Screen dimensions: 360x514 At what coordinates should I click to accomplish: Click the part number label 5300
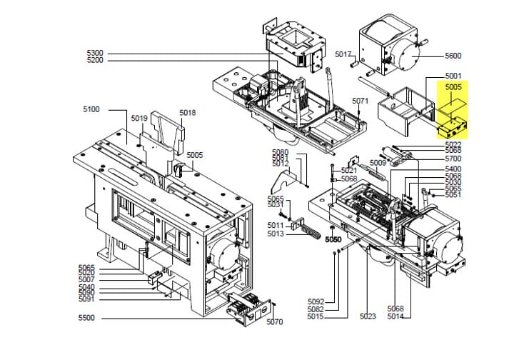[94, 54]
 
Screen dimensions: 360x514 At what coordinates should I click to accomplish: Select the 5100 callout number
[91, 109]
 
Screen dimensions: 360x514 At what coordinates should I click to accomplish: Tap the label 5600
[453, 56]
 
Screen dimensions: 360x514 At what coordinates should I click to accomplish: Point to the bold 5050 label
[335, 239]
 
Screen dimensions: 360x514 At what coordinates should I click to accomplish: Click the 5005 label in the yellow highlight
[453, 87]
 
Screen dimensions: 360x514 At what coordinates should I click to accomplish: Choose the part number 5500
[86, 318]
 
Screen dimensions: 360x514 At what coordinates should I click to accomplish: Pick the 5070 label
[274, 322]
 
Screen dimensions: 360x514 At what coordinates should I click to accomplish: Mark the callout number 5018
[187, 113]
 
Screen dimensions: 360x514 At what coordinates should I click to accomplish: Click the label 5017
[343, 54]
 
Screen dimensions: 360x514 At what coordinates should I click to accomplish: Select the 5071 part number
[360, 101]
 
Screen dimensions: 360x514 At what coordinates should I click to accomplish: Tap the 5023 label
[368, 316]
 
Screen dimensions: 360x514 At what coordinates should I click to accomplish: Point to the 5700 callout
[453, 158]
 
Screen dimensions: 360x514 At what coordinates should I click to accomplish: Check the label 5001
[453, 76]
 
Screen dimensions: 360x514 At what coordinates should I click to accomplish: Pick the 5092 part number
[316, 301]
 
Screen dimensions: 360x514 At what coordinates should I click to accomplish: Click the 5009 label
[378, 163]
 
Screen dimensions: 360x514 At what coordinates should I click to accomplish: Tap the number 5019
[138, 119]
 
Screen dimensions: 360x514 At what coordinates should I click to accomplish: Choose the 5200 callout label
[94, 61]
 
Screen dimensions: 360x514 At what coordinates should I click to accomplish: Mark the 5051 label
[453, 194]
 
